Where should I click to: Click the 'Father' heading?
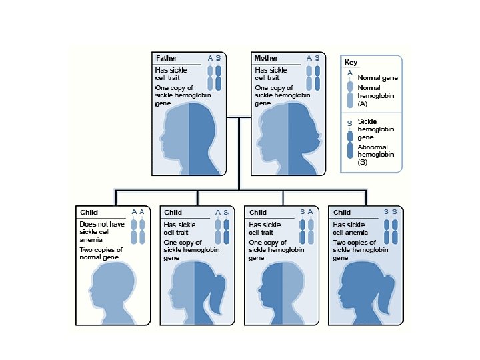point(166,59)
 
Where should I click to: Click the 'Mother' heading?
point(266,59)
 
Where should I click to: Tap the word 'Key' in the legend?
point(351,63)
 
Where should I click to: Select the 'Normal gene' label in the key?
point(377,78)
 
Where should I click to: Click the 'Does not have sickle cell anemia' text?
point(101,232)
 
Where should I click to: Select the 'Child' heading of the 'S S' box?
point(341,213)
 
